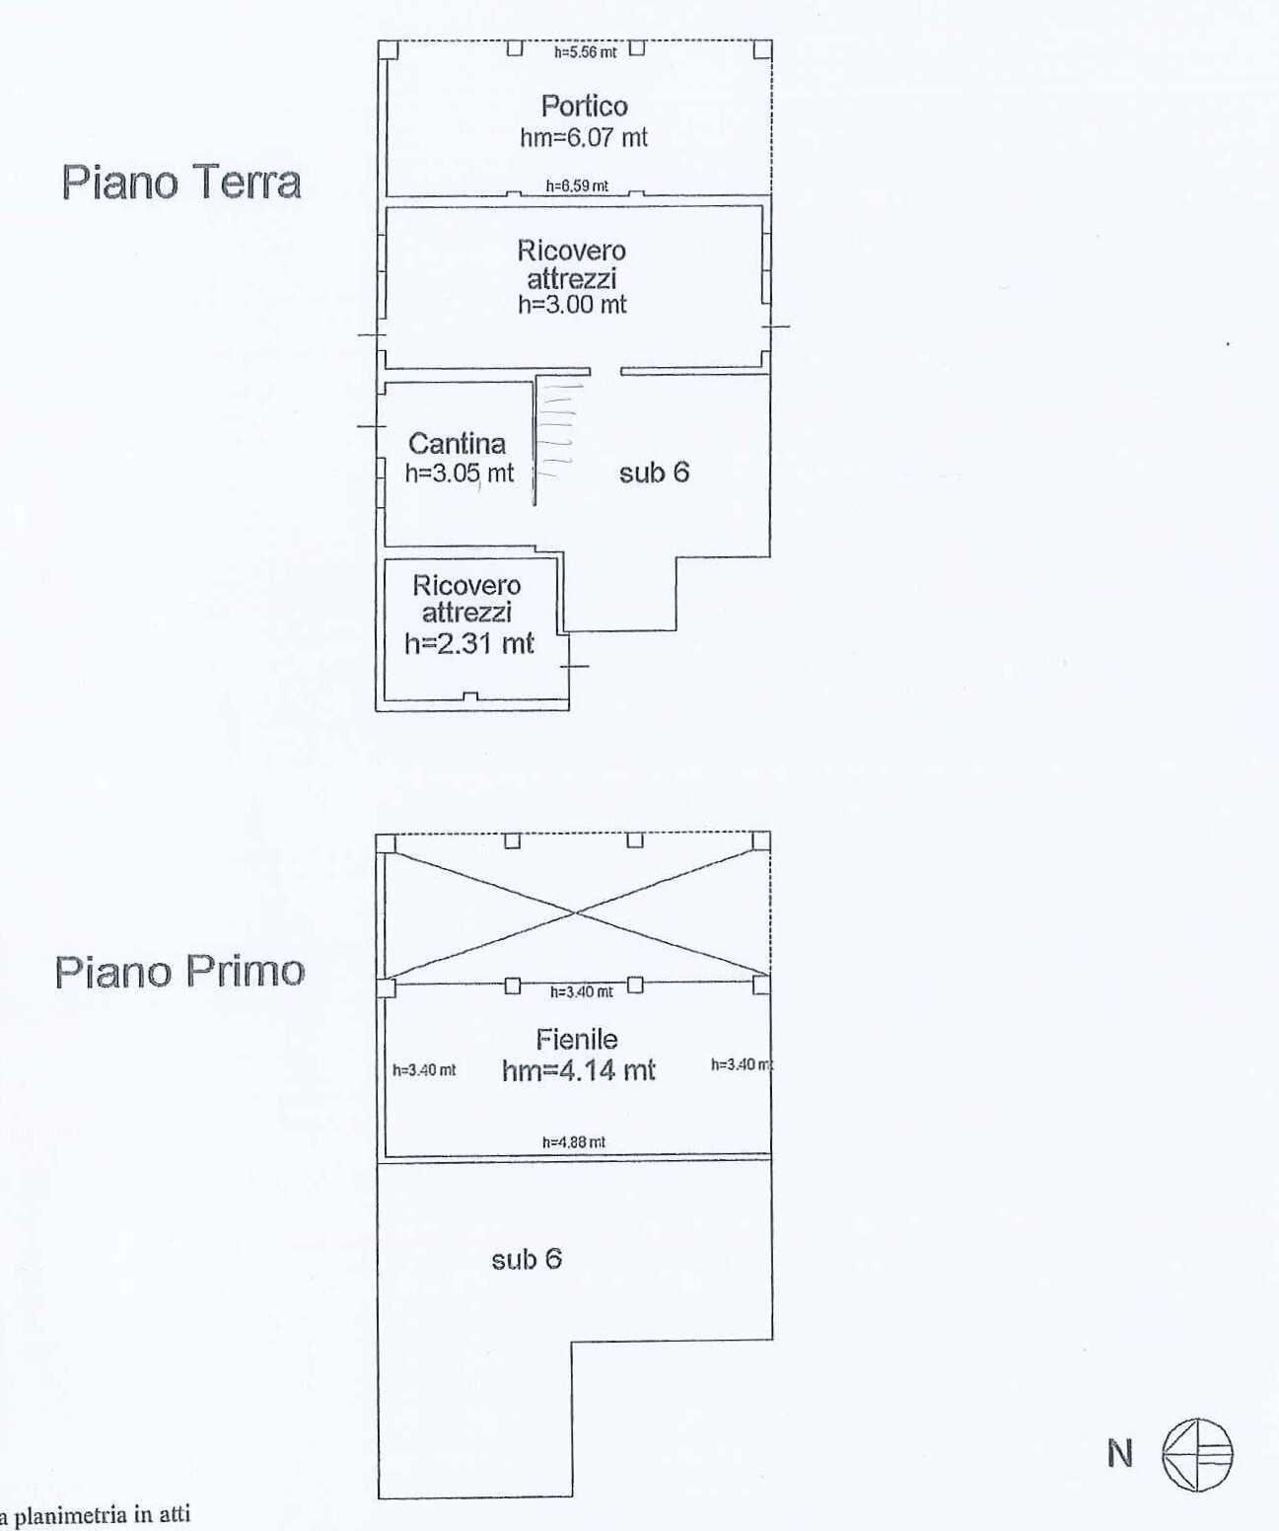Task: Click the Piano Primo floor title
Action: pyautogui.click(x=179, y=972)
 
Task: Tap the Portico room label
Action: pyautogui.click(x=584, y=107)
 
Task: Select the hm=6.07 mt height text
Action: pyautogui.click(x=584, y=137)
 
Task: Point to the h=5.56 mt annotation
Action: pyautogui.click(x=585, y=52)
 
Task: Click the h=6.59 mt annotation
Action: pyautogui.click(x=577, y=186)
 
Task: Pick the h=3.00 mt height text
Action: pyautogui.click(x=572, y=304)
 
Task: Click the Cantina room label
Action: pyautogui.click(x=457, y=444)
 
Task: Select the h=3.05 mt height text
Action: pyautogui.click(x=460, y=474)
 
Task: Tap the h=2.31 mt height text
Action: pyautogui.click(x=469, y=644)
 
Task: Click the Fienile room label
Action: pyautogui.click(x=577, y=1040)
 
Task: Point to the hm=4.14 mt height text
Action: pyautogui.click(x=578, y=1070)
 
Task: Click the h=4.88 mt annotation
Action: pyautogui.click(x=574, y=1142)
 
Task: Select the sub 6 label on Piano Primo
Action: pyautogui.click(x=527, y=1260)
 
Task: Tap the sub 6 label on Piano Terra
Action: pyautogui.click(x=654, y=473)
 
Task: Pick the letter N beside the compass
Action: pyautogui.click(x=1120, y=1454)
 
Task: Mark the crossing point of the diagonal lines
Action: pyautogui.click(x=575, y=912)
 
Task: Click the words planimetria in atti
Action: pyautogui.click(x=102, y=1515)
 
